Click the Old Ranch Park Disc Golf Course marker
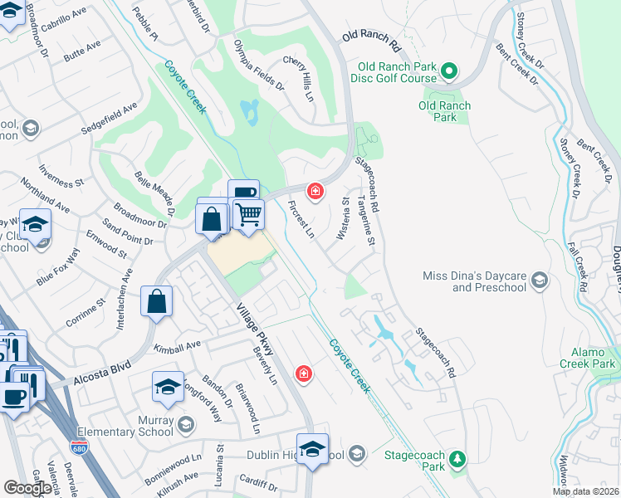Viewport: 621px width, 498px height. click(449, 71)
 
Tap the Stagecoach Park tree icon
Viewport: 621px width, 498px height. click(456, 459)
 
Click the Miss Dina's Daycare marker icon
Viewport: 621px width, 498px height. click(540, 280)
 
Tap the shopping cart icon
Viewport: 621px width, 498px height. click(247, 214)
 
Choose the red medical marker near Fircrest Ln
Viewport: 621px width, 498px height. click(315, 192)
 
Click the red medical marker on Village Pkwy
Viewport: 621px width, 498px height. click(305, 374)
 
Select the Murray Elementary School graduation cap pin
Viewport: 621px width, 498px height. click(168, 387)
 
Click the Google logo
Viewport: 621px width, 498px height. click(28, 487)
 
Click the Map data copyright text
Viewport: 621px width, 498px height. click(585, 491)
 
